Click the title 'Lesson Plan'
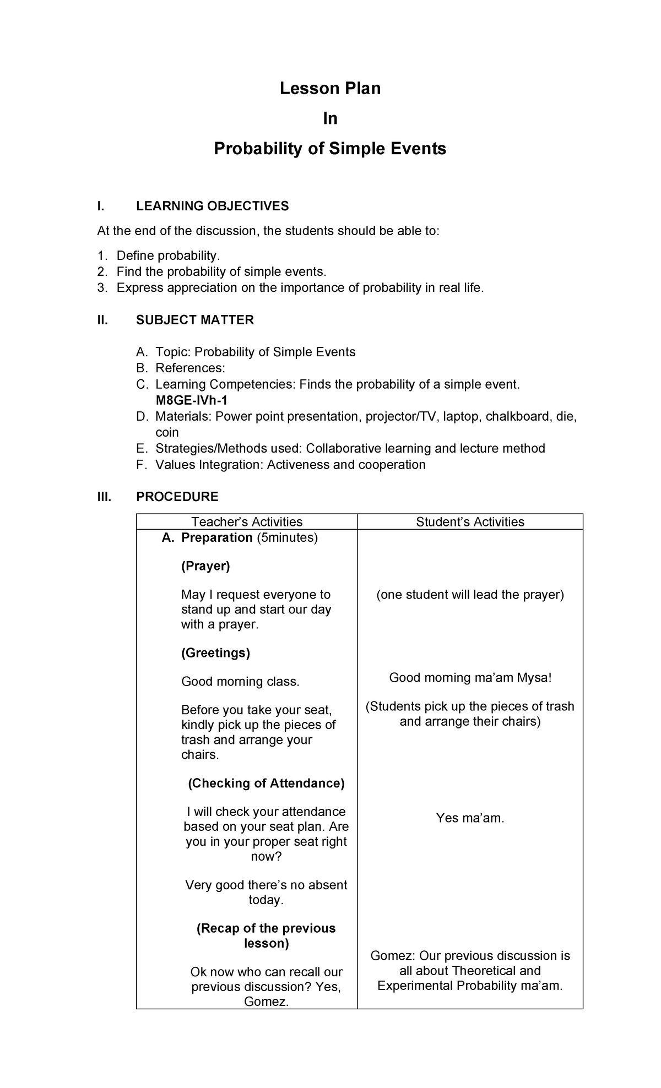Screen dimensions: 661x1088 click(x=330, y=88)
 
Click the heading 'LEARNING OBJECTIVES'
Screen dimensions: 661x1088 click(x=212, y=206)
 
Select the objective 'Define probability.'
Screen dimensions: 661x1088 click(x=168, y=255)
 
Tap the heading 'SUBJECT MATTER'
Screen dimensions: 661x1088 click(x=195, y=320)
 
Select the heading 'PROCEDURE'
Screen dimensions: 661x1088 click(x=177, y=497)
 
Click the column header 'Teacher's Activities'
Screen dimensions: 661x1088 click(x=246, y=521)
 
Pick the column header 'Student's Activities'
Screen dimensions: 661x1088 click(x=470, y=521)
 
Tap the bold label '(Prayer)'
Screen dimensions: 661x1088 click(x=205, y=566)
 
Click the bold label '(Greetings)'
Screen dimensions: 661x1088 click(x=215, y=653)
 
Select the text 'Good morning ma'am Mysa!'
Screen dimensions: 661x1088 click(x=470, y=678)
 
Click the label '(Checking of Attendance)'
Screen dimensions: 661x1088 click(x=266, y=783)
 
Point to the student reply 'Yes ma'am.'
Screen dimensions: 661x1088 click(x=470, y=818)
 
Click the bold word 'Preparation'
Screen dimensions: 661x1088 click(x=217, y=537)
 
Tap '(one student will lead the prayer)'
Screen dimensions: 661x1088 click(x=470, y=595)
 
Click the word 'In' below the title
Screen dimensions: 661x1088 click(x=330, y=118)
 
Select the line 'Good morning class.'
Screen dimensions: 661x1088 click(x=240, y=682)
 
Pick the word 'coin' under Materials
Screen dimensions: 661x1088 click(x=167, y=433)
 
